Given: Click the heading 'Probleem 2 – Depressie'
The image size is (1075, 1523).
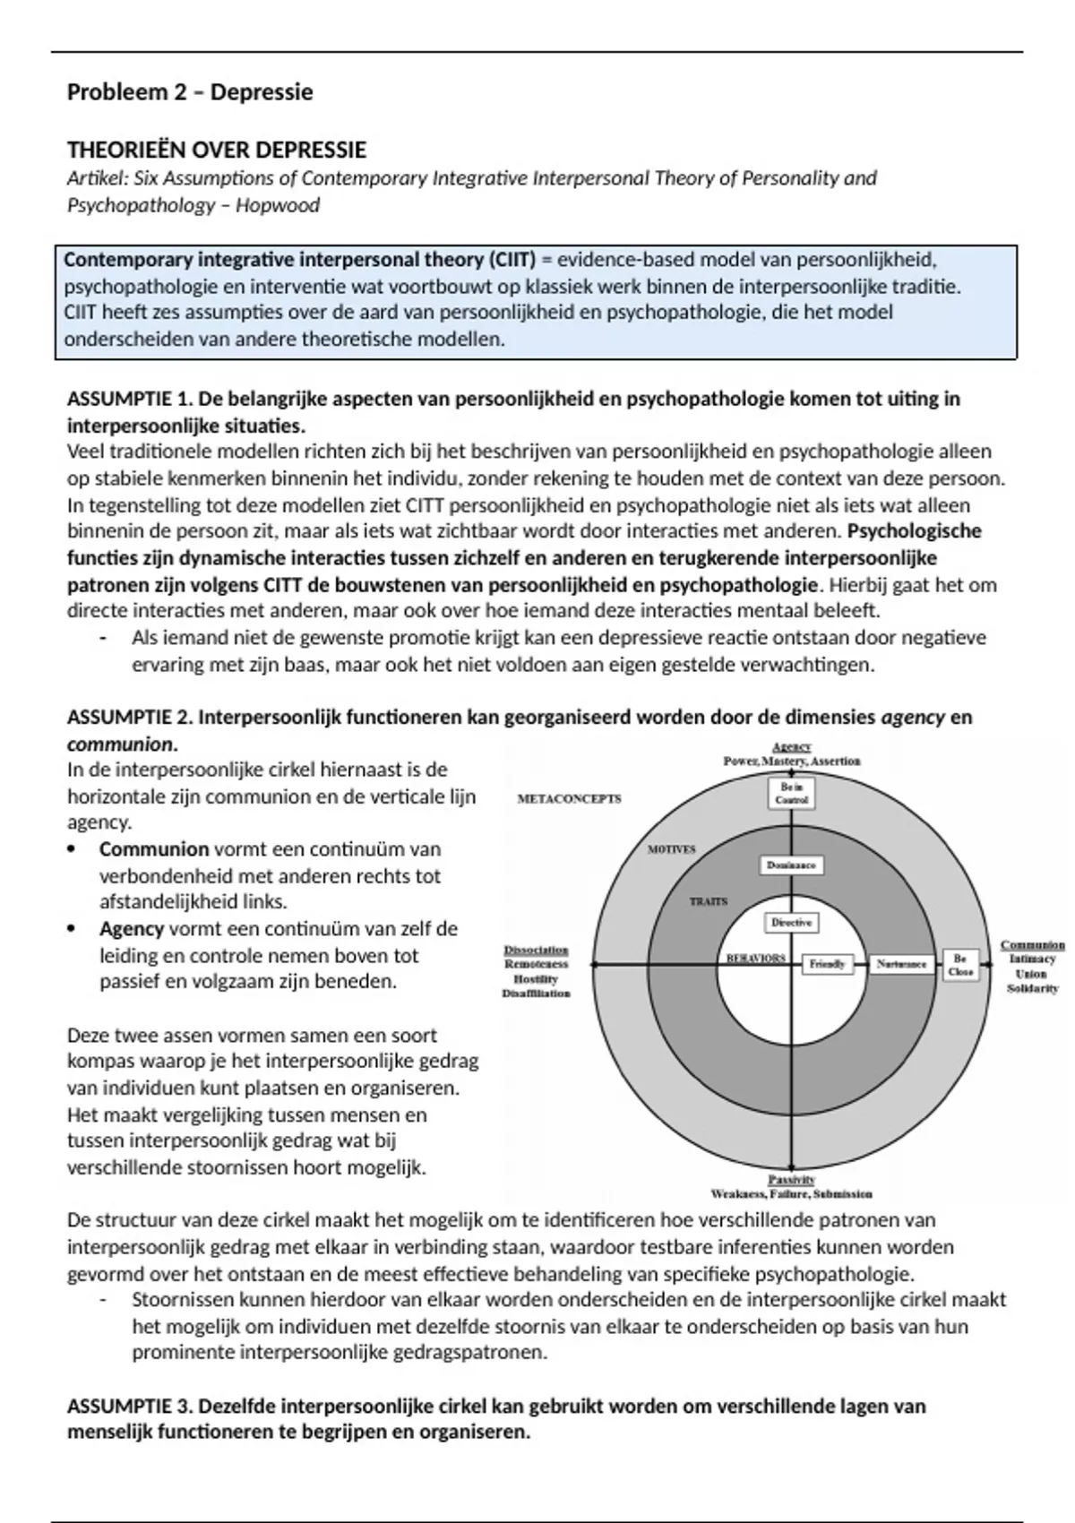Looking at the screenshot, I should (x=190, y=92).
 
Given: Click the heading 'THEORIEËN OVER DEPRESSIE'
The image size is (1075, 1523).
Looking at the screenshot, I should (x=217, y=150).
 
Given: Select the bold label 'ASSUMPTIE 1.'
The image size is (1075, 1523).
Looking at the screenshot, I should (x=129, y=399).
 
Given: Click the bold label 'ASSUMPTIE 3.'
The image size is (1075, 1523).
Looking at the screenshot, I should (x=129, y=1406).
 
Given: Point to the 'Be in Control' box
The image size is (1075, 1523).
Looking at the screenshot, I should (x=792, y=794).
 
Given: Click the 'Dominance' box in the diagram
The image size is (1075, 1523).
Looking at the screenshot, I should (x=791, y=865).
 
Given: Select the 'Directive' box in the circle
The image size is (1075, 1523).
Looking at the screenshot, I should (x=792, y=922).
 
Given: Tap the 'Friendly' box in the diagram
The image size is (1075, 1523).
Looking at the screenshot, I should (x=827, y=964).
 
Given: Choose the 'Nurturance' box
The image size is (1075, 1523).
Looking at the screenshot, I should (x=901, y=964).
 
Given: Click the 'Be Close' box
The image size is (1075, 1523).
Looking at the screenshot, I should (x=960, y=965).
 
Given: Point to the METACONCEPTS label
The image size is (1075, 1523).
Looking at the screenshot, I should (x=570, y=798).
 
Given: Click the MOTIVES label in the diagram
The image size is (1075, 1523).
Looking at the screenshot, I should (x=671, y=849).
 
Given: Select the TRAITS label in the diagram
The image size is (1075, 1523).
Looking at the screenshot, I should (x=709, y=901).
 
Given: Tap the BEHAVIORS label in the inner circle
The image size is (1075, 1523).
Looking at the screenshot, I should (x=755, y=958).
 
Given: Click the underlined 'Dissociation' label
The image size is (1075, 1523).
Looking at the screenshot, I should (x=536, y=950).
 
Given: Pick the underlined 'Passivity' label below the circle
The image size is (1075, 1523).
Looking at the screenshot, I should (x=792, y=1180).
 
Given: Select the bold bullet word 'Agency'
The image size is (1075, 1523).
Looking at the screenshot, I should (x=132, y=929).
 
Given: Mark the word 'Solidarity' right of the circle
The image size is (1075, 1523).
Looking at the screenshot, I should (x=1032, y=988).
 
